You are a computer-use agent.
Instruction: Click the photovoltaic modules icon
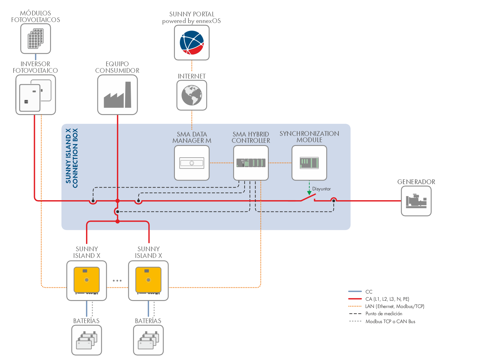36,38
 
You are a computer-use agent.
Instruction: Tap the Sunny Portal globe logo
192,43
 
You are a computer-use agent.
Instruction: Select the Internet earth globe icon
192,95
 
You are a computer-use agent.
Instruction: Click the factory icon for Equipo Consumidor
118,95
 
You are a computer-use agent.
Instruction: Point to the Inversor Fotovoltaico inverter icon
35,95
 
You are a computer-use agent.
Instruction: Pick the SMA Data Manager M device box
192,163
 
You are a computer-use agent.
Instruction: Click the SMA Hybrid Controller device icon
251,163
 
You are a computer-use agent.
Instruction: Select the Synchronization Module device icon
309,163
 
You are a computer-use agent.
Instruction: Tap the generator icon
416,201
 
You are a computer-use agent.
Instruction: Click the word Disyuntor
321,189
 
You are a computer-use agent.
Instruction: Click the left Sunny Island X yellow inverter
87,280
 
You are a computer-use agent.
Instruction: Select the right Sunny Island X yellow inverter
148,280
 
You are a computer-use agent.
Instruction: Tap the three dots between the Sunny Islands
117,280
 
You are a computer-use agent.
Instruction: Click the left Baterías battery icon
87,340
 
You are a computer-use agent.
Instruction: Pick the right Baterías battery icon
148,340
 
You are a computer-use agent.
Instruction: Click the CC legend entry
369,292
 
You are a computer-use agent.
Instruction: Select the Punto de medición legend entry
384,314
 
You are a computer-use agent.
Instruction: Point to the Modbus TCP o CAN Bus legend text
390,322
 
